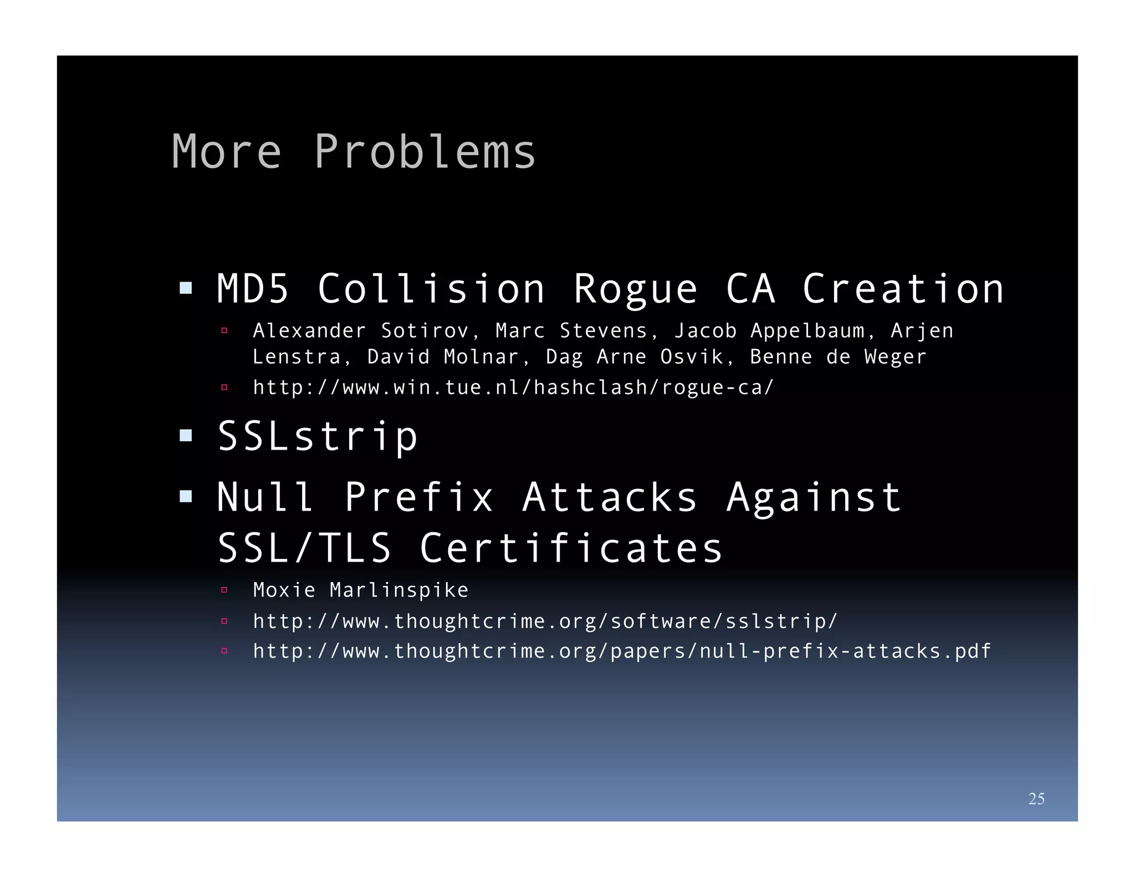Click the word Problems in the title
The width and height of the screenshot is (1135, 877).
[425, 151]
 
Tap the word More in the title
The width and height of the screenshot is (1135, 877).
[226, 151]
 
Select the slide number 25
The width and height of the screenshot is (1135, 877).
[1036, 798]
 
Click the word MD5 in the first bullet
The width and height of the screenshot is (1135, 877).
[253, 289]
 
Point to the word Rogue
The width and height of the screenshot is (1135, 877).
[635, 290]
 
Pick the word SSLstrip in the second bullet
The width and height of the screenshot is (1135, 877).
[318, 437]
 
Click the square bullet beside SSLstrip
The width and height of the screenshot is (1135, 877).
[186, 436]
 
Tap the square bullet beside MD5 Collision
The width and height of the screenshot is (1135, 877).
[186, 288]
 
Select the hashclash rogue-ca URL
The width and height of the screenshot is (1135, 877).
[513, 387]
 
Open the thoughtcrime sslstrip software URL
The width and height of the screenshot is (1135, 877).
[545, 621]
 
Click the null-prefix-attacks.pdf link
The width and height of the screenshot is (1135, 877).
[621, 651]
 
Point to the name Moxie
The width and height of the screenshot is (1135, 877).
[284, 590]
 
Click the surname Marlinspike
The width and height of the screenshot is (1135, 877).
[399, 590]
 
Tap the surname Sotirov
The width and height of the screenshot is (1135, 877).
[425, 331]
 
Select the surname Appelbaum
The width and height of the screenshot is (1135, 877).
[807, 331]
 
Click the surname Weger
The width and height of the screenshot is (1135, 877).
[895, 357]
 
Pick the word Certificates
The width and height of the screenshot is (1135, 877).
[571, 548]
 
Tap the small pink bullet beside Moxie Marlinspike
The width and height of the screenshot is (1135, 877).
[224, 590]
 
